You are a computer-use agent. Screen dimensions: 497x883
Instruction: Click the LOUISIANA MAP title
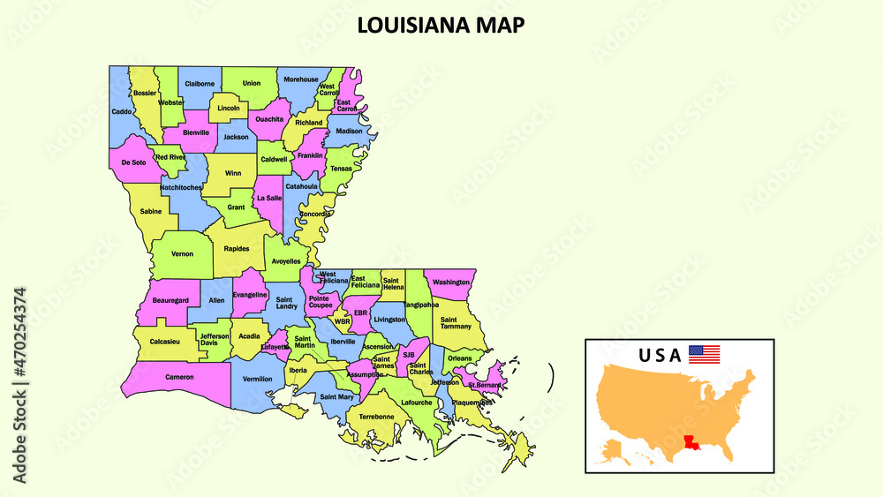coord(441,25)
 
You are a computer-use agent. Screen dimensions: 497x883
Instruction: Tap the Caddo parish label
coord(121,112)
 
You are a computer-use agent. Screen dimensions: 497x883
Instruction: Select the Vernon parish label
coord(182,253)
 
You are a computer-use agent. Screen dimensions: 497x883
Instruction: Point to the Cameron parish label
coord(178,377)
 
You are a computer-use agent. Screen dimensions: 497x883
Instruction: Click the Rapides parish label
coord(236,249)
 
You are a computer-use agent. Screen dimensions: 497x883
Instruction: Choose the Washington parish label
coord(451,282)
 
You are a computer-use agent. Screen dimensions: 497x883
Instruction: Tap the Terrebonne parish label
coord(376,416)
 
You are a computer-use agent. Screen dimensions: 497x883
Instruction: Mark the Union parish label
coord(252,83)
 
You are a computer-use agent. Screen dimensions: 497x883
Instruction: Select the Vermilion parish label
coord(257,379)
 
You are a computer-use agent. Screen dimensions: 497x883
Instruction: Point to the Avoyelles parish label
coord(285,261)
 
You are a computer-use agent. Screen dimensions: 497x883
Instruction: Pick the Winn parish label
coord(233,173)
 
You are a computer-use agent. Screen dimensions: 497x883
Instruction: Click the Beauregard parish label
coord(170,300)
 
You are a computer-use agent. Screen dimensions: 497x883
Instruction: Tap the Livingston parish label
coord(389,320)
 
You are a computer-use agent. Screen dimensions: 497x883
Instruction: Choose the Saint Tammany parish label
coord(456,323)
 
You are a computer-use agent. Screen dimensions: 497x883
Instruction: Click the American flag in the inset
coord(704,355)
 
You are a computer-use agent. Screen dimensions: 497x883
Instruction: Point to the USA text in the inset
coord(660,356)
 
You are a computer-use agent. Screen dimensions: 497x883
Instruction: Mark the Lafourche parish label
coord(417,403)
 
